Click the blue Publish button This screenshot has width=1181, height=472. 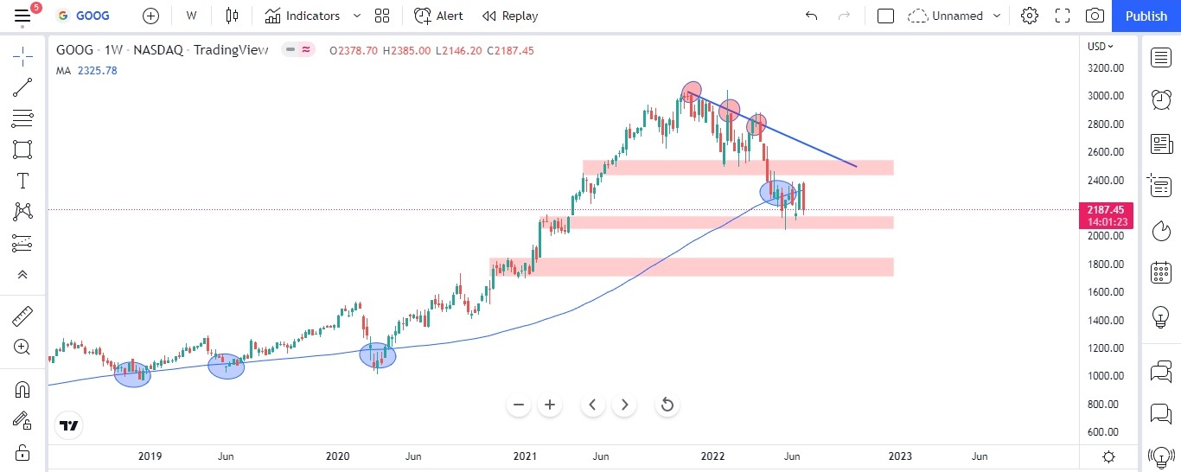click(1146, 16)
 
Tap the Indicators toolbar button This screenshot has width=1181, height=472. click(303, 16)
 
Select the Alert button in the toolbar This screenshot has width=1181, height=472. click(438, 16)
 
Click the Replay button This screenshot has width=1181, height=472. click(510, 16)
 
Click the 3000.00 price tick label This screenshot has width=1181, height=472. click(1105, 96)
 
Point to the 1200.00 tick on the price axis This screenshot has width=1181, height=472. click(1105, 348)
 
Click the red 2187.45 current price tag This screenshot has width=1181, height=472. click(1107, 210)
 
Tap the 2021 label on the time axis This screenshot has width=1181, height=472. click(526, 456)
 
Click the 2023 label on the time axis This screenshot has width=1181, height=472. click(900, 456)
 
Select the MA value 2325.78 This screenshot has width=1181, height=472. click(98, 71)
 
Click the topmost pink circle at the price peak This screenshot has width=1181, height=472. click(691, 92)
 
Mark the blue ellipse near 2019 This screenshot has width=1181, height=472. click(132, 374)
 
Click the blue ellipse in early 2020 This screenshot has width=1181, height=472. click(377, 355)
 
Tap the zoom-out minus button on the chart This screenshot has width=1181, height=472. click(519, 405)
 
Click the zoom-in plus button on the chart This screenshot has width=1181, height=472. click(549, 405)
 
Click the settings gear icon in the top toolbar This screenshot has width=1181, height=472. click(1029, 16)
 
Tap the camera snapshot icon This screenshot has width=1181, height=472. click(1095, 16)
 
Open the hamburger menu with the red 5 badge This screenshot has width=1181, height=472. click(22, 16)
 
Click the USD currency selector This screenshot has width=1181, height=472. click(1100, 47)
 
